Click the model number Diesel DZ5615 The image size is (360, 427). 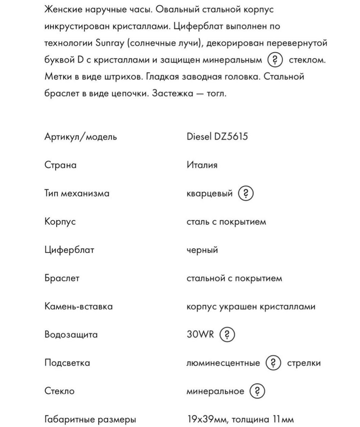pos(217,137)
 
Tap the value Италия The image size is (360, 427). pos(202,165)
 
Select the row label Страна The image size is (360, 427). pos(60,165)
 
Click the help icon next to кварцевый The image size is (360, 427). pos(246,193)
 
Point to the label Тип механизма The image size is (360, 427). pos(77,193)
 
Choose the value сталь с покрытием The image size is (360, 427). pos(226,222)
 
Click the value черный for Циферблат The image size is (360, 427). pos(202,250)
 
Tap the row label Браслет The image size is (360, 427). pos(62,278)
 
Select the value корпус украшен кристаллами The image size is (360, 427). pos(251,307)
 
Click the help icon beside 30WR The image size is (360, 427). pos(227,334)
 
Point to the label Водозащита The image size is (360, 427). pos(71,335)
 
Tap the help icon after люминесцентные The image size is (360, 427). pos(273,363)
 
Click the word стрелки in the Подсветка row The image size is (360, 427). pos(304,363)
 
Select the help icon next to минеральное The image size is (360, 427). pos(257,391)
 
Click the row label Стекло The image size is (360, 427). pos(59,391)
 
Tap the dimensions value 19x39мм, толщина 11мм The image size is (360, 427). pos(240,419)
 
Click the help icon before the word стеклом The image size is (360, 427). pos(275,60)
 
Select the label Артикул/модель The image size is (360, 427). pos(81,137)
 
